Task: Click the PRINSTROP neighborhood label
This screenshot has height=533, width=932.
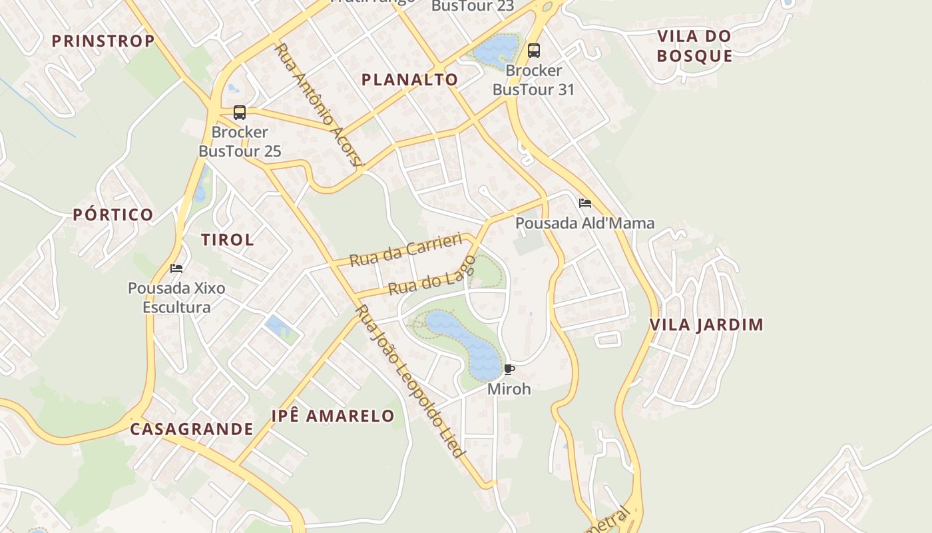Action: click(x=103, y=41)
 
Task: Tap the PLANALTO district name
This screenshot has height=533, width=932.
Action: click(x=409, y=79)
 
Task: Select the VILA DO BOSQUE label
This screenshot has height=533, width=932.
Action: click(x=694, y=45)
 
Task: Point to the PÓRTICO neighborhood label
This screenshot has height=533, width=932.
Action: click(x=113, y=215)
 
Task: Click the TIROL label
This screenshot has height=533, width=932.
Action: click(x=228, y=240)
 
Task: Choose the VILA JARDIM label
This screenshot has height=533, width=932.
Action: click(x=706, y=325)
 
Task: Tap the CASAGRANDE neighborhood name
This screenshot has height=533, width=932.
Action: click(x=192, y=429)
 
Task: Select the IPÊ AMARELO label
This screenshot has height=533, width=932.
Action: click(x=333, y=416)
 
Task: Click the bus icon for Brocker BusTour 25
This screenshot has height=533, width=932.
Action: click(x=240, y=113)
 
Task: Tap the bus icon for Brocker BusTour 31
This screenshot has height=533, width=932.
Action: click(x=533, y=51)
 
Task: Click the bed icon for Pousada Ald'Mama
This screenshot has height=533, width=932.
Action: click(x=585, y=203)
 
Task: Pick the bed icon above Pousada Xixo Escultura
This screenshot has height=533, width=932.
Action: click(x=176, y=268)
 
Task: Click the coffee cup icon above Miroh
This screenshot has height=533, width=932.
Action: click(x=509, y=369)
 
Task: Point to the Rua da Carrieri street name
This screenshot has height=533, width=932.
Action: click(x=405, y=251)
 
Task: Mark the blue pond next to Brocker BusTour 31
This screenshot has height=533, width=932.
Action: click(x=496, y=49)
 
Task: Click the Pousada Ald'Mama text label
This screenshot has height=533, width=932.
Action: click(x=585, y=223)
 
